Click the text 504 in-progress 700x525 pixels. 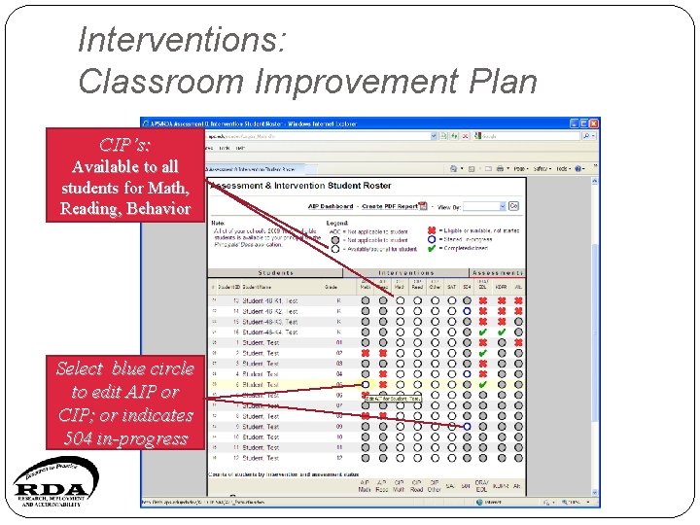point(125,438)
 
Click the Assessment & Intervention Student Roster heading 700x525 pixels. point(300,186)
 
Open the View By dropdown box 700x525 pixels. point(484,206)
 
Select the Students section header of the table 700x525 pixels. point(275,273)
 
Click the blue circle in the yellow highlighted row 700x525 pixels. point(366,385)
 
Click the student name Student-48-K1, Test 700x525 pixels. point(269,301)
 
